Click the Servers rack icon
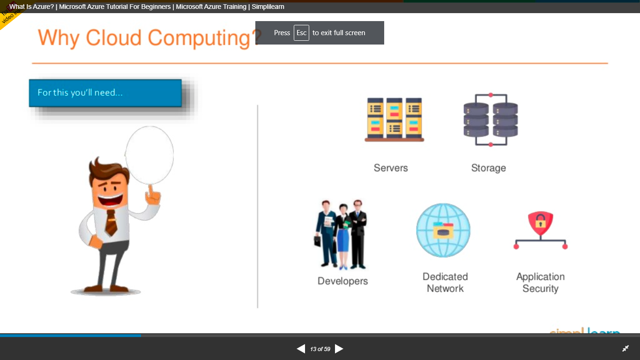point(394,119)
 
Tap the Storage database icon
point(491,120)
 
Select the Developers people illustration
point(341,234)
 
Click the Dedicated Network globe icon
point(443,230)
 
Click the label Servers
point(391,168)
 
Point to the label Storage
point(488,168)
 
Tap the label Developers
point(342,281)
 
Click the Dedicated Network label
point(445,283)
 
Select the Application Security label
point(540,283)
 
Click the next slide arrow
point(339,349)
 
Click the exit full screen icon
point(625,349)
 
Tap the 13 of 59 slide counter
point(320,349)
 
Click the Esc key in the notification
point(301,33)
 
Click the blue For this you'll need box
point(105,93)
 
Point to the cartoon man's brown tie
point(111,223)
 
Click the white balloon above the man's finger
point(149,154)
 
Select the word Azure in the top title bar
point(43,7)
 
